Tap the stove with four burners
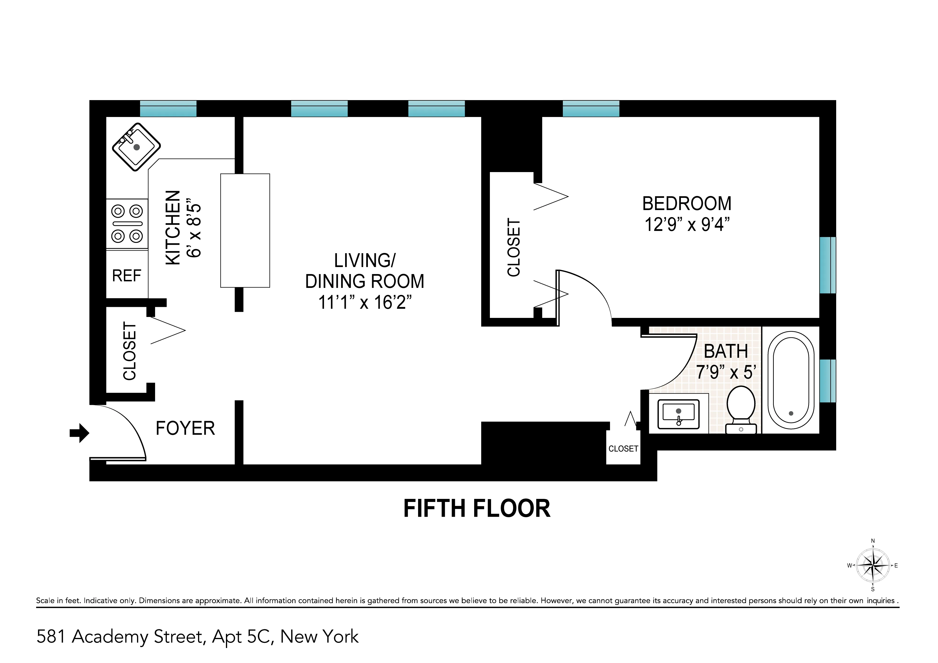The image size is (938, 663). point(127,224)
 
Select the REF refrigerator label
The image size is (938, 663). point(127,276)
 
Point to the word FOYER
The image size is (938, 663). point(185,428)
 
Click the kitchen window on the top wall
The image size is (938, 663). point(168,109)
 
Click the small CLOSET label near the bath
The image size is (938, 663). point(623,449)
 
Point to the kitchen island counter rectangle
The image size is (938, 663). point(245,231)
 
